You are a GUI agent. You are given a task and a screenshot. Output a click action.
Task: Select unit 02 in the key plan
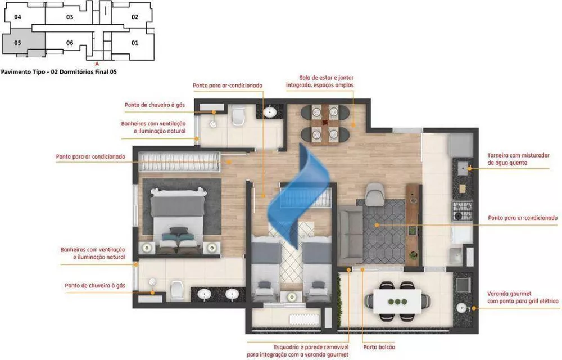135,17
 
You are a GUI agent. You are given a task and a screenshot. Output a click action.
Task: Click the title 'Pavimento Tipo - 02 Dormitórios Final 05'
58,72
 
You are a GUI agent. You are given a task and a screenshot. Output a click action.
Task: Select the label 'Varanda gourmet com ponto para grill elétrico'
523,298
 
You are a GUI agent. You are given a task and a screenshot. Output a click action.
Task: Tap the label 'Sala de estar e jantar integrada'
327,81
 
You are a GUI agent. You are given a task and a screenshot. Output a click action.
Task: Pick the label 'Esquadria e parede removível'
297,350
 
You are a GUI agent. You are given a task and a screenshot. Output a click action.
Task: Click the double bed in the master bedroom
177,220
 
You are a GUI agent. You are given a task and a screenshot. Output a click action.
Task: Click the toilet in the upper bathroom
238,116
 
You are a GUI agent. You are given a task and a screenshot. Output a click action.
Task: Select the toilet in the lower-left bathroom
176,289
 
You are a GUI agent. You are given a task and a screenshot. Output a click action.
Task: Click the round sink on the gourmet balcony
463,308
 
